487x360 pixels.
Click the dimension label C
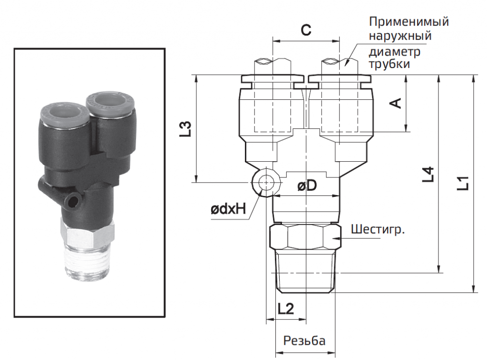click(x=306, y=30)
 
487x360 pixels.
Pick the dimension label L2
click(x=285, y=309)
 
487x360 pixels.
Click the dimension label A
click(x=395, y=103)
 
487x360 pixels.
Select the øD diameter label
click(x=307, y=186)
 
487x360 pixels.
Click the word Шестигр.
click(x=379, y=231)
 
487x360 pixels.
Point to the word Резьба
click(x=304, y=341)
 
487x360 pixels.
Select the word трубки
click(x=390, y=63)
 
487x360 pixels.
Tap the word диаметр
click(x=394, y=50)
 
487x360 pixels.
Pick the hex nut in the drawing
click(x=305, y=237)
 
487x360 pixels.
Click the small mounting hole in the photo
click(x=73, y=201)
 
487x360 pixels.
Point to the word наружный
click(x=400, y=36)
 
